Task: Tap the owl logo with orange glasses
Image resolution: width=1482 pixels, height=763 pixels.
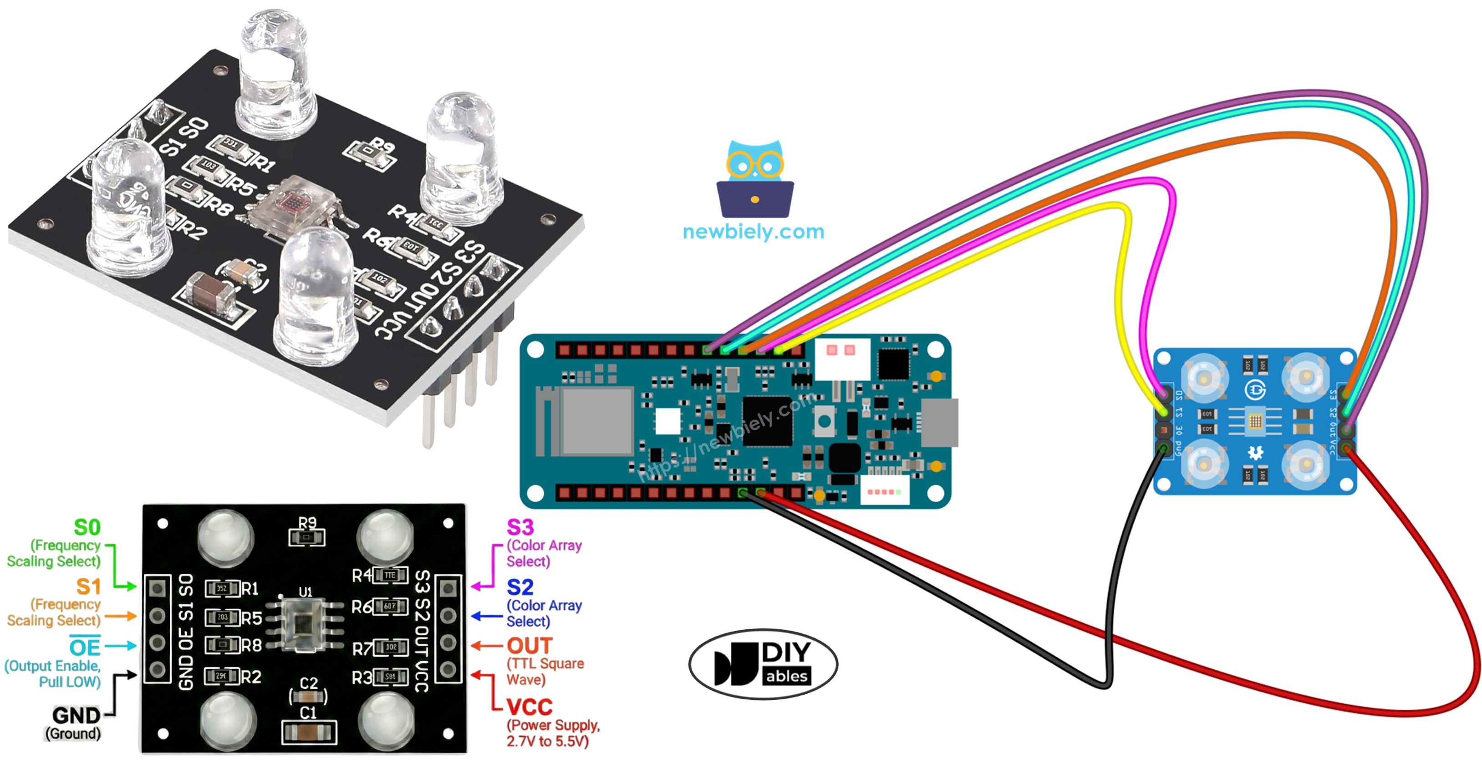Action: point(755,179)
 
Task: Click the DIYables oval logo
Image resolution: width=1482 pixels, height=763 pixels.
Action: point(763,664)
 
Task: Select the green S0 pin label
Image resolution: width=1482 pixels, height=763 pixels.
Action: point(87,527)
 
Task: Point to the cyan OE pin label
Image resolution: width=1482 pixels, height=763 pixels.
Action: point(85,647)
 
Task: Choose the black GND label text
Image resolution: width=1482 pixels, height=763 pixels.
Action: point(76,716)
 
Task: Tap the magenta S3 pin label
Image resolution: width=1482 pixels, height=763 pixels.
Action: point(519,527)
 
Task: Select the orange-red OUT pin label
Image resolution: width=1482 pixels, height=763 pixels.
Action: point(529,646)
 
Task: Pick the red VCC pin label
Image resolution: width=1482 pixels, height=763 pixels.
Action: point(529,707)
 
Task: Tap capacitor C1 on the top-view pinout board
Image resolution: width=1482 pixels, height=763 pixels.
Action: point(309,732)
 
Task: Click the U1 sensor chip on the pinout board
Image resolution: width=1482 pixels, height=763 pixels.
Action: point(306,624)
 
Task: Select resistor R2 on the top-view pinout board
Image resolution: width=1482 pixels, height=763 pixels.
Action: point(222,676)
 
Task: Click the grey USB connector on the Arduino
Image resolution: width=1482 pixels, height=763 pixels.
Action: point(939,422)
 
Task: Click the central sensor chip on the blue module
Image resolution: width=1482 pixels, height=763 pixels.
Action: point(1255,421)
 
